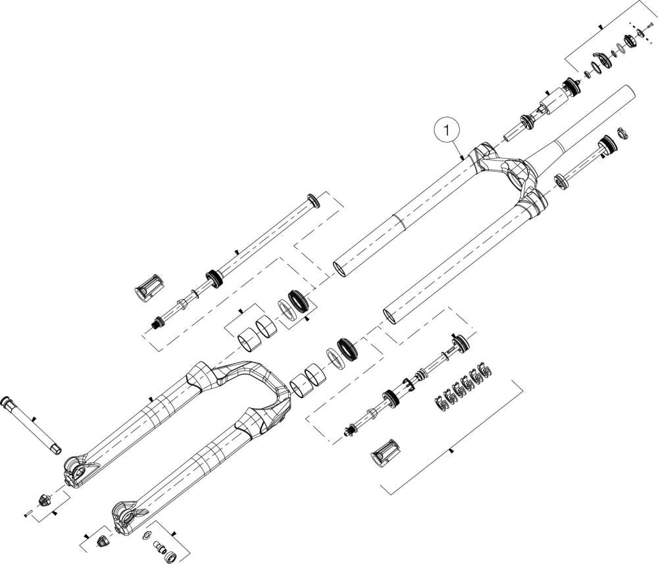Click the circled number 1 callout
pyautogui.click(x=447, y=130)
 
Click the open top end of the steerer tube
pyautogui.click(x=628, y=92)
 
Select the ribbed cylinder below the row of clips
pyautogui.click(x=384, y=453)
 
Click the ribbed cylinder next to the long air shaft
pyautogui.click(x=149, y=288)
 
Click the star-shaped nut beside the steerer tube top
pyautogui.click(x=622, y=132)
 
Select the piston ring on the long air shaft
pyautogui.click(x=214, y=279)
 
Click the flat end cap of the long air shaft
pyautogui.click(x=313, y=201)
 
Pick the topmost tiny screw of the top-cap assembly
pyautogui.click(x=651, y=26)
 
